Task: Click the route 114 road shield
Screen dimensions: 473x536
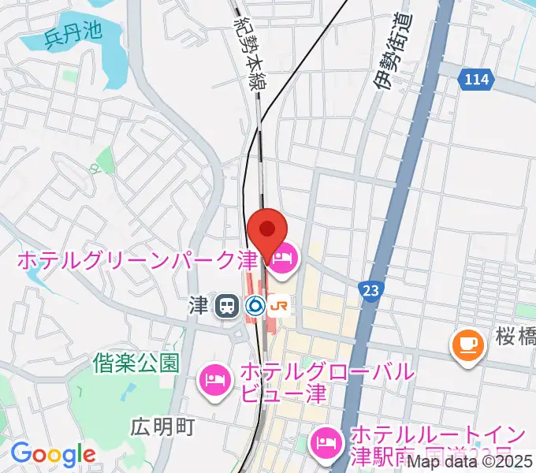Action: [x=476, y=80]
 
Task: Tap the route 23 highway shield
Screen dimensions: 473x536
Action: [x=370, y=290]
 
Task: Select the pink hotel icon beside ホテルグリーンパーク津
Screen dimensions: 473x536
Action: [x=283, y=259]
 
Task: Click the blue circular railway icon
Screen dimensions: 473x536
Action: [x=255, y=306]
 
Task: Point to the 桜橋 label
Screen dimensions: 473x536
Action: [x=516, y=339]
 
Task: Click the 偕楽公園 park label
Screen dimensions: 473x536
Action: [x=135, y=363]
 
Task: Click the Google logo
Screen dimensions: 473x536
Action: [x=53, y=454]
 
